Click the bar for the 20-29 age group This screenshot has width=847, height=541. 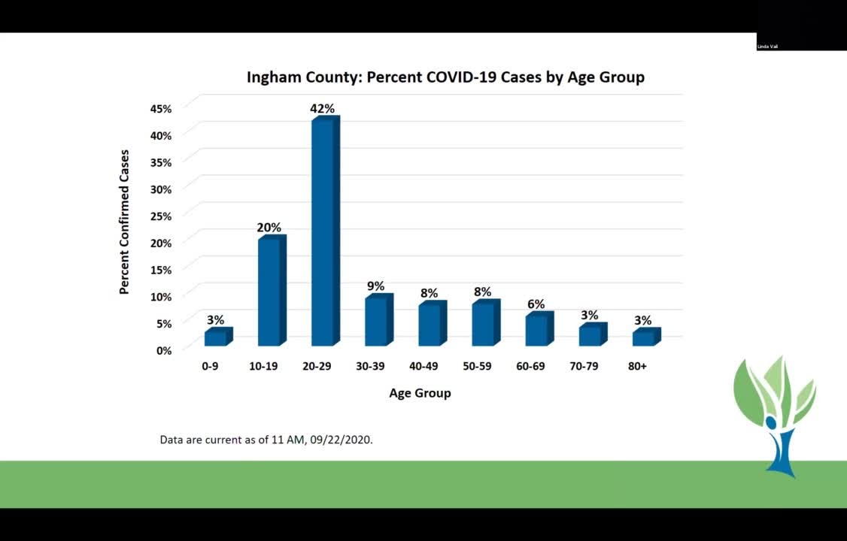point(323,233)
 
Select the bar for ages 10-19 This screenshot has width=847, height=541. point(270,293)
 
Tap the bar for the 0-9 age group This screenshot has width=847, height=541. point(216,338)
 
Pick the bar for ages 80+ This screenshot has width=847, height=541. point(645,338)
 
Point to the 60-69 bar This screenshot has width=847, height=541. point(537,331)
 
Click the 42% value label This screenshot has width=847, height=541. point(322,109)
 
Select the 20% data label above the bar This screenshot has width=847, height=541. point(269,228)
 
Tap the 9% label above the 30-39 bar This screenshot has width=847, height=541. point(375,286)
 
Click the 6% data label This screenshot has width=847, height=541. point(536,304)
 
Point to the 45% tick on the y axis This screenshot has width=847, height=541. point(161,108)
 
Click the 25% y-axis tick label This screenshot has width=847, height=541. point(161,216)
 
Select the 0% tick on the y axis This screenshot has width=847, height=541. point(164,350)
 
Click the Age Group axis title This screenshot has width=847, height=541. point(420,393)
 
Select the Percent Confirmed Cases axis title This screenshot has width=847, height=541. point(125,222)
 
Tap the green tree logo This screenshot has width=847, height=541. point(775,413)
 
